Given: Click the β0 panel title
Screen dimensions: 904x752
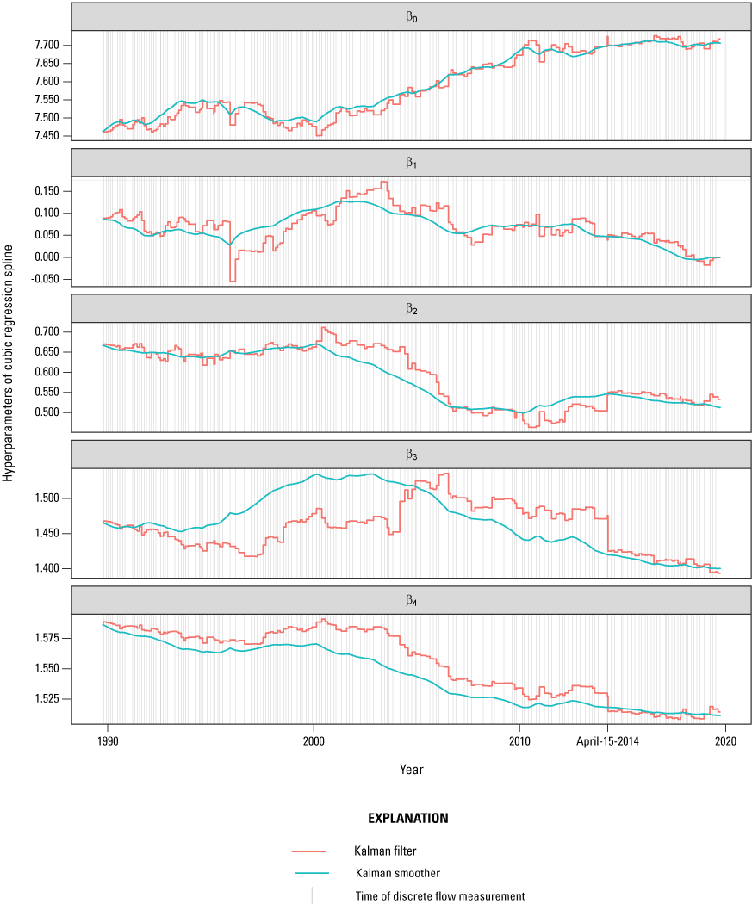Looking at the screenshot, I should click(411, 16).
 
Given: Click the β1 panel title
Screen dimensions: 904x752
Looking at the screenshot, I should click(411, 162).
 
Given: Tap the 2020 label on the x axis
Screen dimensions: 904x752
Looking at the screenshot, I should click(726, 739).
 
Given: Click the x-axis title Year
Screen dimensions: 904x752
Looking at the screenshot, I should click(411, 768).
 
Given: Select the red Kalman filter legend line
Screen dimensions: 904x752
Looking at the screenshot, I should click(311, 851).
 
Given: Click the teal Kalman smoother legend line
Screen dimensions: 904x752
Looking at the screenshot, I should click(311, 873).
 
